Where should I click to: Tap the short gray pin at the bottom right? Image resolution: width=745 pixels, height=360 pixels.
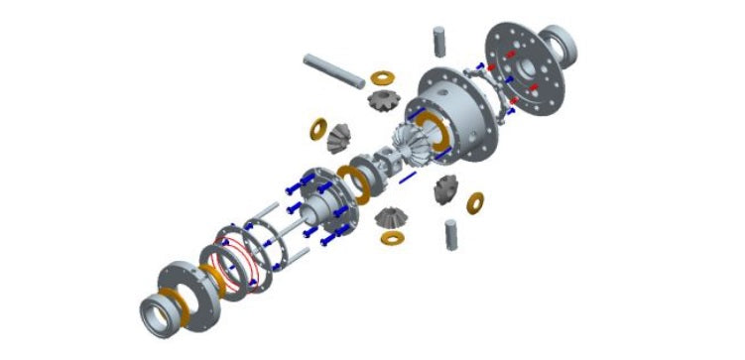[453, 235]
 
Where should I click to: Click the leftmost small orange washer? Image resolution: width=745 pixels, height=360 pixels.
[319, 129]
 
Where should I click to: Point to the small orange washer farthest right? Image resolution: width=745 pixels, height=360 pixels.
[476, 203]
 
